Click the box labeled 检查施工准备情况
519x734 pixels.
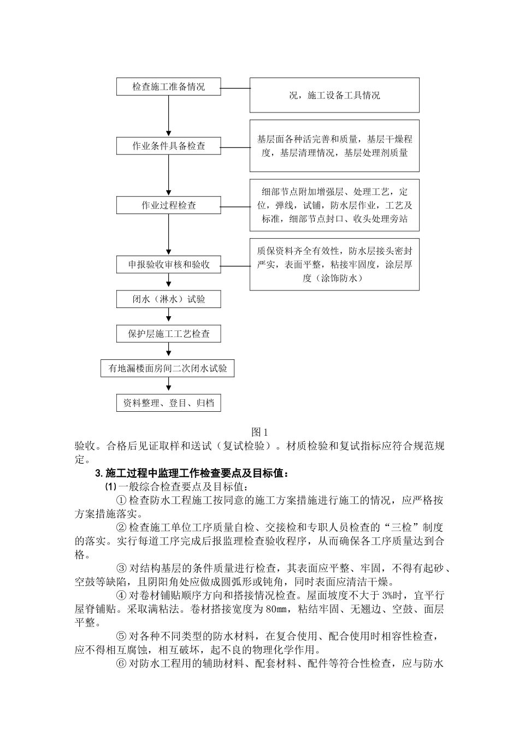[168, 86]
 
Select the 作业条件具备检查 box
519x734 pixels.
[168, 146]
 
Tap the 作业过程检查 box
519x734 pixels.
[168, 205]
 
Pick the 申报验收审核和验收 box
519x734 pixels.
[168, 265]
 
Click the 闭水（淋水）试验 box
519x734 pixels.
[168, 299]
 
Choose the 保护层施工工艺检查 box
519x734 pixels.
[168, 334]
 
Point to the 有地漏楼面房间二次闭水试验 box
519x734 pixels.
[168, 368]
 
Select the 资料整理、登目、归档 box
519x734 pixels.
[168, 403]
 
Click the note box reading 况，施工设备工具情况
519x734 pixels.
[334, 95]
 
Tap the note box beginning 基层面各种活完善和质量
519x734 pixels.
[334, 146]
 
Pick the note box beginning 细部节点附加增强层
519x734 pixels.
[334, 205]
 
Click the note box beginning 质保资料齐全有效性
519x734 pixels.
[334, 264]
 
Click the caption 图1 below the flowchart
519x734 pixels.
[259, 432]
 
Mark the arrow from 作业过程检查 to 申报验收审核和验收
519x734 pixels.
[168, 235]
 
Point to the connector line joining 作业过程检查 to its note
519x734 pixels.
[235, 206]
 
